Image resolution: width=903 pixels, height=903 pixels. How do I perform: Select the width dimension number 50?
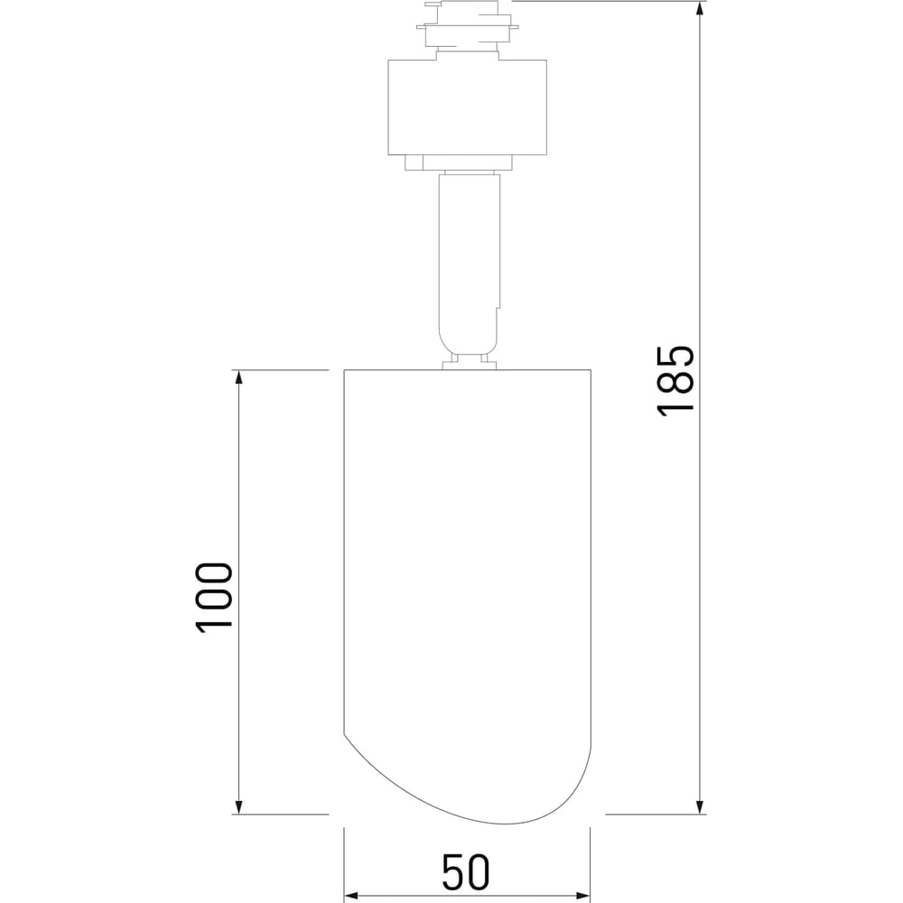tap(466, 872)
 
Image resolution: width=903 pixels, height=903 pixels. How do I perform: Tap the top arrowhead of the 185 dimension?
tap(700, 9)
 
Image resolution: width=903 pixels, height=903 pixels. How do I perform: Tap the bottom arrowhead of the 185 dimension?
tap(700, 805)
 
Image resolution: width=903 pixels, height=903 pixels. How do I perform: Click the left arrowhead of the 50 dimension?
tap(352, 896)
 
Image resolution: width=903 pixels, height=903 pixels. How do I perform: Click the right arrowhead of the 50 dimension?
tap(582, 896)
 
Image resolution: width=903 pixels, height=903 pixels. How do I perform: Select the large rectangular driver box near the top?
tap(467, 107)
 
